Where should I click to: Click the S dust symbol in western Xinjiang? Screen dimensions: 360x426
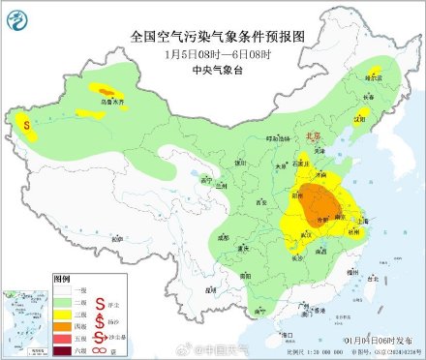[x=26, y=124]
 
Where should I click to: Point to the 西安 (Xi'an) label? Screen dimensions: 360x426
[x=260, y=204]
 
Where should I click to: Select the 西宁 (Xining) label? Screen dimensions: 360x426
[x=204, y=179]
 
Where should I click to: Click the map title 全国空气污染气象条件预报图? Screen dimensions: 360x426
[x=212, y=37]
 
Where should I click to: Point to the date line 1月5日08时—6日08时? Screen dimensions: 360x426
[x=212, y=54]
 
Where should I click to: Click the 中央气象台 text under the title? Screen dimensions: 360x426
[x=212, y=69]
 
